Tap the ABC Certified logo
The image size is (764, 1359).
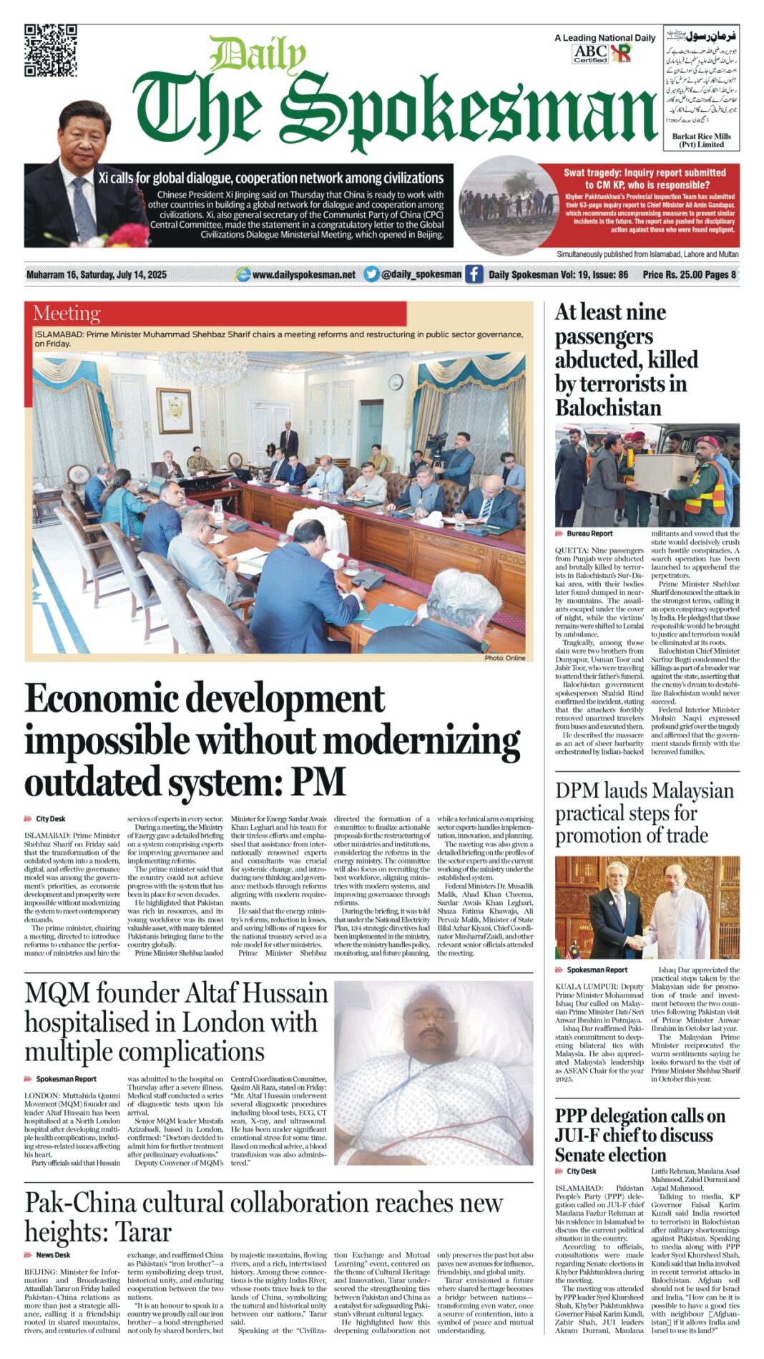pyautogui.click(x=590, y=53)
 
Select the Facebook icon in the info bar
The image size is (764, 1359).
pyautogui.click(x=474, y=274)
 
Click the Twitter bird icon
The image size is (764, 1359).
pyautogui.click(x=371, y=274)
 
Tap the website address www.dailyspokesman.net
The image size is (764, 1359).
pyautogui.click(x=303, y=275)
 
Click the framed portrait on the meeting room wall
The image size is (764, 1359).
pyautogui.click(x=174, y=410)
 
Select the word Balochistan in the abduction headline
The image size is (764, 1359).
pyautogui.click(x=608, y=407)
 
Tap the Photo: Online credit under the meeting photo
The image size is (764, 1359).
pyautogui.click(x=504, y=657)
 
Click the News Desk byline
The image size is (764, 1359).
pyautogui.click(x=53, y=1255)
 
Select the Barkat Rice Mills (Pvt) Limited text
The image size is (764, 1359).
pyautogui.click(x=701, y=140)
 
